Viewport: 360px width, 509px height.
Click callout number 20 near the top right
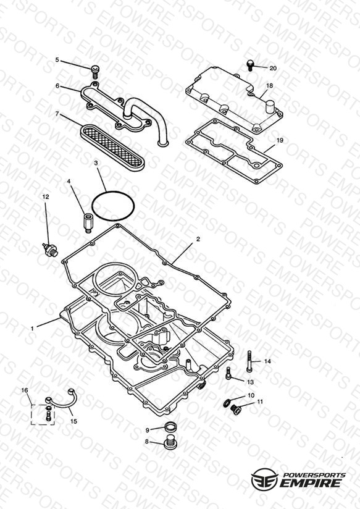273,68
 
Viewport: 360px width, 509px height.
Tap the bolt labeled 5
95,72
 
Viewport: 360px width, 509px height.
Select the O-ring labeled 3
113,206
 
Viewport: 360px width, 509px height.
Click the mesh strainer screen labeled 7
111,147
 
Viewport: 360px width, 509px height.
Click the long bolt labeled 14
249,361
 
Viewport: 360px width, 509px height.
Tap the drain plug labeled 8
170,442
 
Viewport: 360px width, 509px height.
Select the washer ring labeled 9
170,427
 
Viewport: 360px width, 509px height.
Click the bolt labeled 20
250,65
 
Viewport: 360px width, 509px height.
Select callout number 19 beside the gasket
280,141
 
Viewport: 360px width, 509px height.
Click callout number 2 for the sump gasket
198,239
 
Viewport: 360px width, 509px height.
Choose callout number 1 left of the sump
32,329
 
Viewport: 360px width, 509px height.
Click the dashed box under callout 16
43,414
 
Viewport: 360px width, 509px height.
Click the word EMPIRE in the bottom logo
311,483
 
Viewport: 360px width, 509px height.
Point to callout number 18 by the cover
269,86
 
